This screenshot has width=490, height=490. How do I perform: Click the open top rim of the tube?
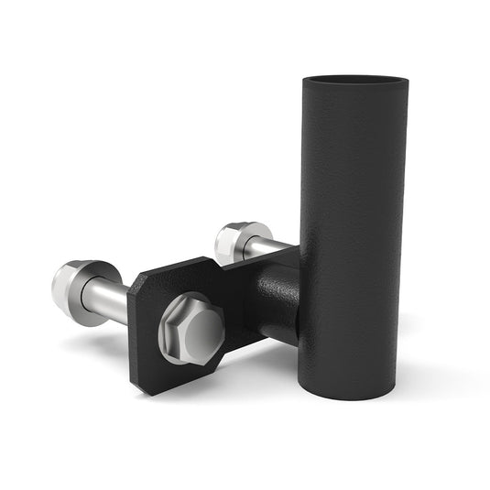[355, 80]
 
